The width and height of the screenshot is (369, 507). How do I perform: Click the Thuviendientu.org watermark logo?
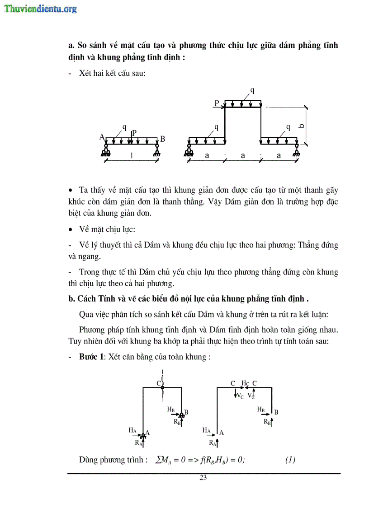pos(41,9)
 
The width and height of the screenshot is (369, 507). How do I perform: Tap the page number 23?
pos(203,478)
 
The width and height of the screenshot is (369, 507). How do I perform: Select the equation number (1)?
pos(290,460)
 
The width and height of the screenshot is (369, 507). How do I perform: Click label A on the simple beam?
pos(102,137)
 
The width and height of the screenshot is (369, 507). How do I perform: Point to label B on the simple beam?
pos(163,139)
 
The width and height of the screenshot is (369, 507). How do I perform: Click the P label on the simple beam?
pos(134,133)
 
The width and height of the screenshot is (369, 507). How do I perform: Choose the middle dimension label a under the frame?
pos(243,156)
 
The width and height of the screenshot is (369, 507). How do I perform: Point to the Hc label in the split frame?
pos(245,383)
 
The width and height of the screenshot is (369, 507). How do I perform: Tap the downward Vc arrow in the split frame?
pos(236,394)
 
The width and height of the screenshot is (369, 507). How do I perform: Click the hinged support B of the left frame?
pos(181,414)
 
